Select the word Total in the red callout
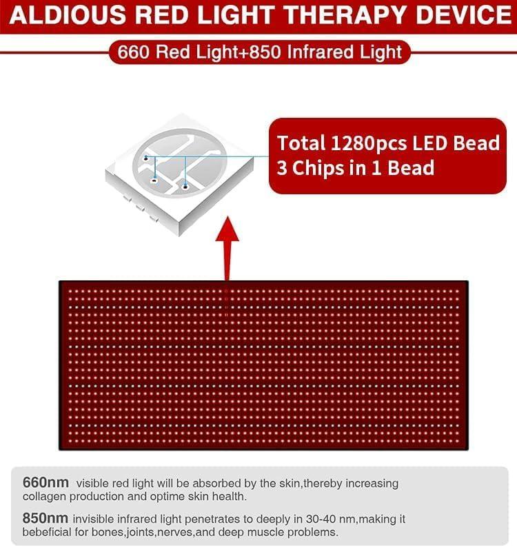pyautogui.click(x=301, y=143)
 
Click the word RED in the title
pyautogui.click(x=164, y=15)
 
